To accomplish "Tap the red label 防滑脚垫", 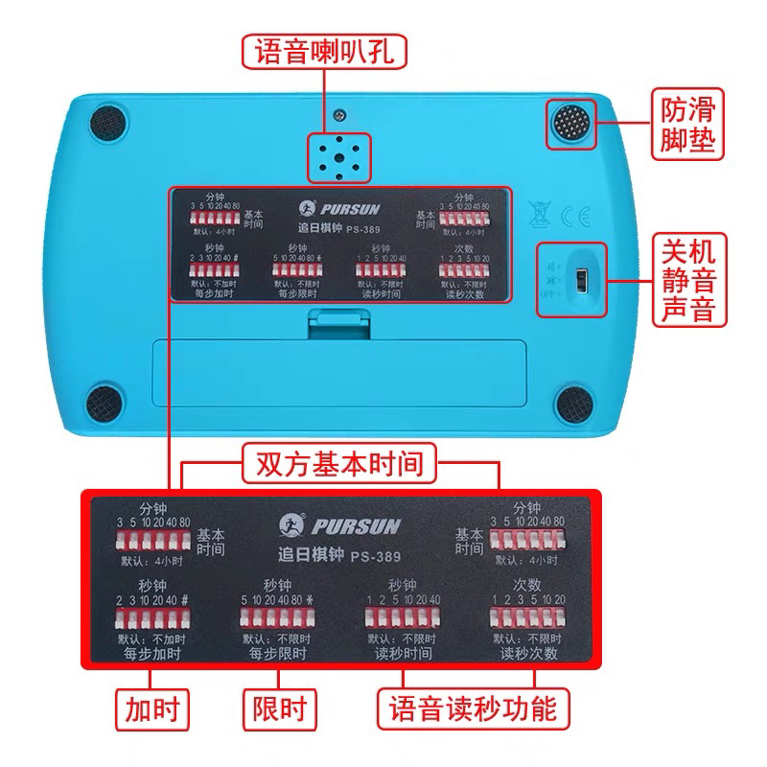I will pos(687,124).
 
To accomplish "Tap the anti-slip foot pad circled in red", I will pos(571,124).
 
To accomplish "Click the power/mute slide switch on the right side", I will pos(579,280).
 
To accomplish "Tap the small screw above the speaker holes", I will pos(339,115).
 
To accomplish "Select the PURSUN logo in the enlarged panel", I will pos(340,526).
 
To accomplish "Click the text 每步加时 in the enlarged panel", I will pos(153,654).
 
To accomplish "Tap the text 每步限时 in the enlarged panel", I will pos(278,654).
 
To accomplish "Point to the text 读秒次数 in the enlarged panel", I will pos(529,654).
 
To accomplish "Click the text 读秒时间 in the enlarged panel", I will pos(403,654).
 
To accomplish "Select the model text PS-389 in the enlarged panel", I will pos(376,555).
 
